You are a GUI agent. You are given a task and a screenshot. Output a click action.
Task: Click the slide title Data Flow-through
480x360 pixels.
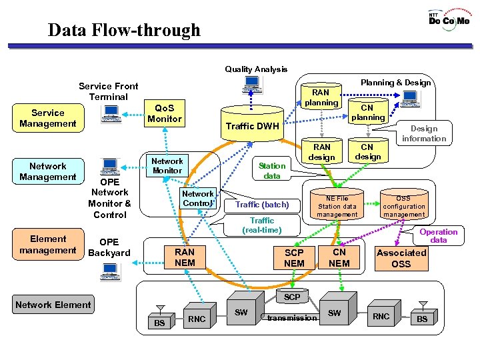pos(124,31)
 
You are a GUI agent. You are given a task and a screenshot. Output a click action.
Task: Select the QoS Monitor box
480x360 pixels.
pos(164,114)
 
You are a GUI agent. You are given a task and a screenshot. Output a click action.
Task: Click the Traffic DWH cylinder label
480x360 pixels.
pos(252,126)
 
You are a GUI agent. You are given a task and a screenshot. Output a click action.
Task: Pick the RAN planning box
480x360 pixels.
pos(321,98)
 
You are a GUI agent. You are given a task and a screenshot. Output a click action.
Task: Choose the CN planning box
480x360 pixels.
pos(368,112)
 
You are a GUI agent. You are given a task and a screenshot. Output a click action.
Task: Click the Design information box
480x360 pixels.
pos(423,133)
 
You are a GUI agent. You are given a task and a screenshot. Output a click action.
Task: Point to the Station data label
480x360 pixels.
pos(272,171)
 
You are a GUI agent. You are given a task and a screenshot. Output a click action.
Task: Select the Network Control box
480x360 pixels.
pos(197,199)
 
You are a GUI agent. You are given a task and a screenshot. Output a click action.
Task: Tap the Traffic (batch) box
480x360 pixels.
pos(262,205)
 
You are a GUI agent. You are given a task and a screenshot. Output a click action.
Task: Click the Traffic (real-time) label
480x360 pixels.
pos(262,225)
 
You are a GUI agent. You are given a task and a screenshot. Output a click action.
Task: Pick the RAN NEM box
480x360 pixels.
pos(185,257)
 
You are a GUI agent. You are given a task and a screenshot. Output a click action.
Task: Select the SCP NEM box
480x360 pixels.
pos(294,258)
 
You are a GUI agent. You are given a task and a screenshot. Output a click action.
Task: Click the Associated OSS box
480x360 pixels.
pos(401,258)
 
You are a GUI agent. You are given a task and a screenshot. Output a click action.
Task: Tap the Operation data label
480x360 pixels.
pos(438,236)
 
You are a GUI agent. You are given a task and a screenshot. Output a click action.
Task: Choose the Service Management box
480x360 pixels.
pos(47,118)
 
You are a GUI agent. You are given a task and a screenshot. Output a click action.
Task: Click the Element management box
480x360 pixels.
pos(47,245)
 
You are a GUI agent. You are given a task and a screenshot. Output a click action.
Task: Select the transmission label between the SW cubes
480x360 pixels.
pos(292,318)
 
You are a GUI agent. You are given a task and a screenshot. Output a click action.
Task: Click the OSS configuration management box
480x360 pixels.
pos(403,206)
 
